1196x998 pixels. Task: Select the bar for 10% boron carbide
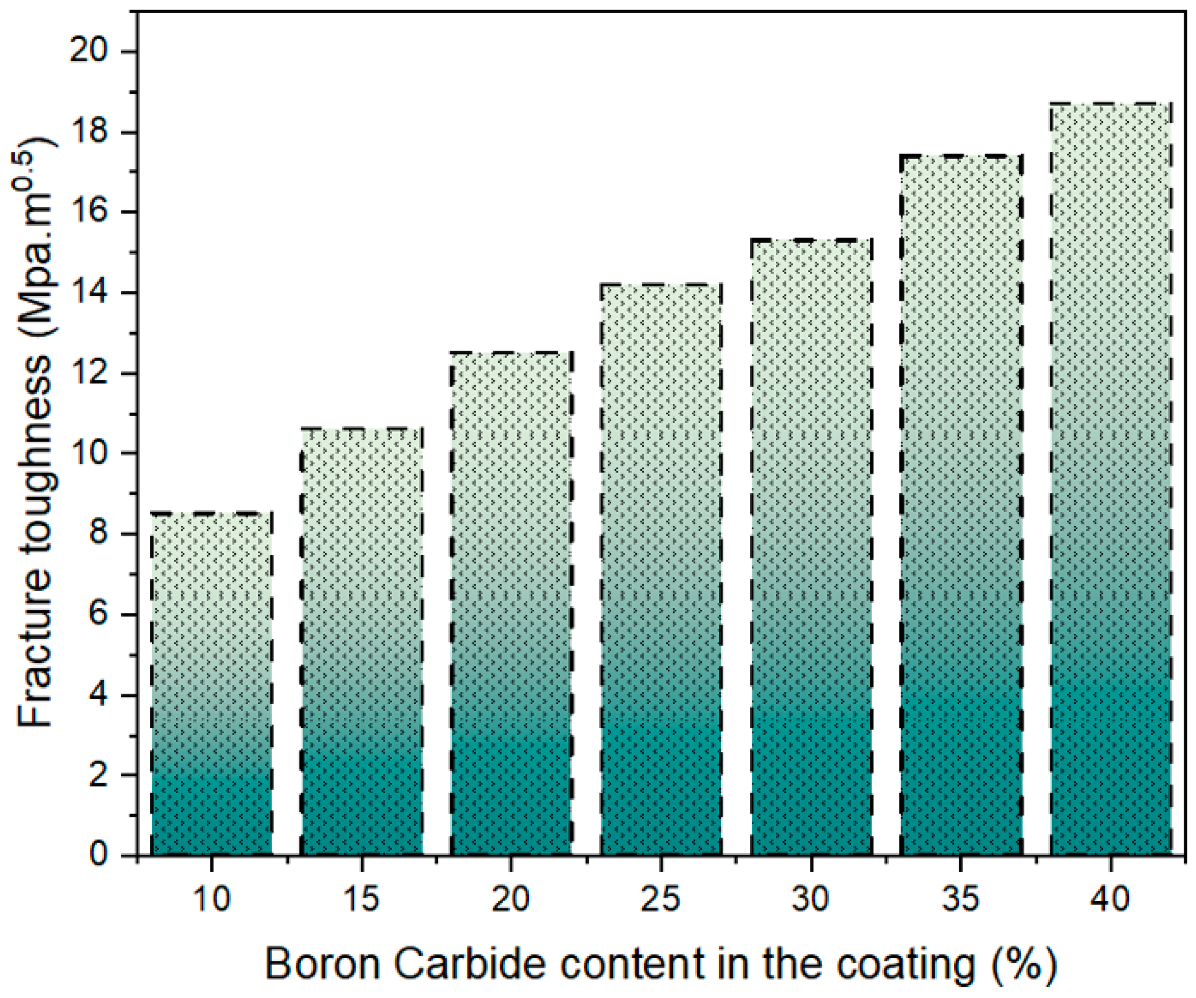pyautogui.click(x=212, y=684)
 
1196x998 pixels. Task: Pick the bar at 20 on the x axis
pyautogui.click(x=511, y=604)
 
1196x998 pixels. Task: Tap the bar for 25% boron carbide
pyautogui.click(x=661, y=570)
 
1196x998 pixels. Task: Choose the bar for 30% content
pyautogui.click(x=811, y=547)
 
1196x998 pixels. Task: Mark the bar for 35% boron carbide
pyautogui.click(x=961, y=507)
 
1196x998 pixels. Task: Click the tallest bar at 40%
pyautogui.click(x=1111, y=478)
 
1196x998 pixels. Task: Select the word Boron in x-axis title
pyautogui.click(x=322, y=964)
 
